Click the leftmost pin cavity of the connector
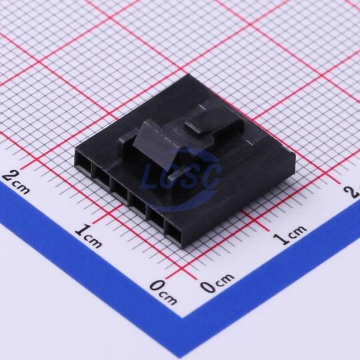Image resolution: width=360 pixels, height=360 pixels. tap(84, 163)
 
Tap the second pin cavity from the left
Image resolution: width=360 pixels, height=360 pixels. tap(102, 177)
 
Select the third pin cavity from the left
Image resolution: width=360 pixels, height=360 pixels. tap(119, 190)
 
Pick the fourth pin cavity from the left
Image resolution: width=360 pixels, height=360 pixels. tap(138, 204)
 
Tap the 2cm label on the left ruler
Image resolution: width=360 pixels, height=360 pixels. tap(15, 182)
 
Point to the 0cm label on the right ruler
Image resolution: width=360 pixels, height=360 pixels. tap(217, 283)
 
